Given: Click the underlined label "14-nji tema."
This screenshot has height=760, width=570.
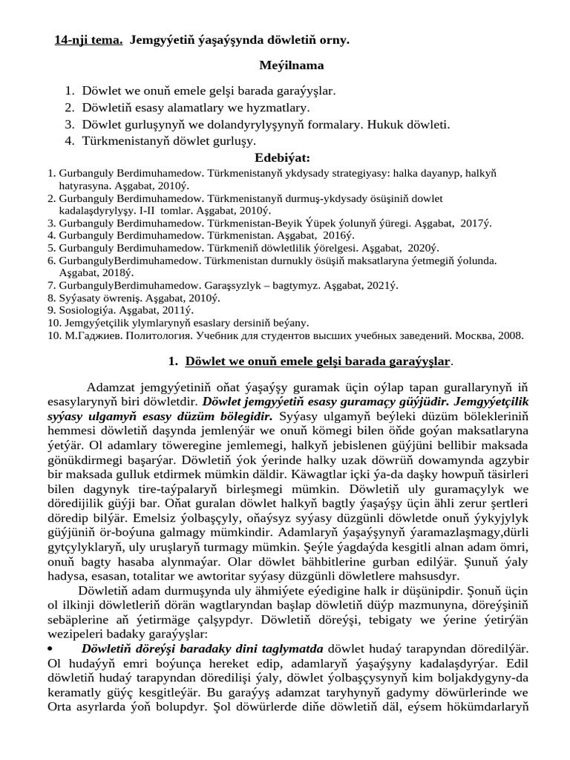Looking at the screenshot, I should click(x=88, y=39).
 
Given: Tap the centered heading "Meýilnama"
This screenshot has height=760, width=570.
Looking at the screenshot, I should click(x=291, y=65).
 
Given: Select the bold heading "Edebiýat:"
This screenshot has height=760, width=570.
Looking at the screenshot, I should click(x=282, y=158).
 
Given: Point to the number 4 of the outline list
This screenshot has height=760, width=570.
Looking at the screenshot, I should click(x=68, y=140).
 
